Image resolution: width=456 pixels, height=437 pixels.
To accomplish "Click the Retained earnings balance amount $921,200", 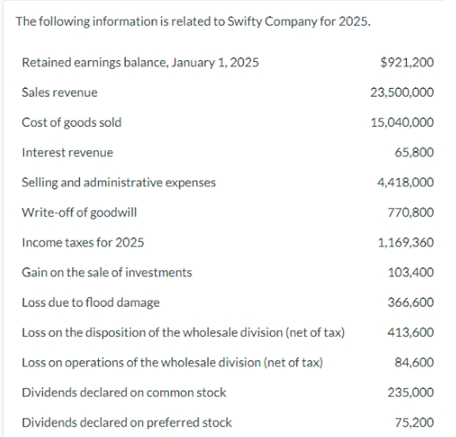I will pyautogui.click(x=406, y=62).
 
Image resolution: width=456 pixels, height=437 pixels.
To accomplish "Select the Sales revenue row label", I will pyautogui.click(x=59, y=92).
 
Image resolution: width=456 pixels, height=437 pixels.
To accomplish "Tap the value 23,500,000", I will pyautogui.click(x=401, y=92).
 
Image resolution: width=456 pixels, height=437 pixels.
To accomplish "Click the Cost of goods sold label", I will pyautogui.click(x=71, y=122).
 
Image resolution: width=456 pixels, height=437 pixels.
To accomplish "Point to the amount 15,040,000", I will pyautogui.click(x=401, y=122).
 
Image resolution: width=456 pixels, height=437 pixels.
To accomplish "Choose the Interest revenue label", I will pyautogui.click(x=67, y=152).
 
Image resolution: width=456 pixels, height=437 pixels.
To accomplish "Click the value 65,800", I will pyautogui.click(x=414, y=152).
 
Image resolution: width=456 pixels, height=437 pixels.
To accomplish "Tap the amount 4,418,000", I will pyautogui.click(x=405, y=182).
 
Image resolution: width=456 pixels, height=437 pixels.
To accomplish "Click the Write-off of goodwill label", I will pyautogui.click(x=74, y=213).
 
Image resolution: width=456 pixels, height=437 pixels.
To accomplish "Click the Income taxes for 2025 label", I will pyautogui.click(x=82, y=243).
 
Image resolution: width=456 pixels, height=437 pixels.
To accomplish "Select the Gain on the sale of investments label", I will pyautogui.click(x=106, y=272).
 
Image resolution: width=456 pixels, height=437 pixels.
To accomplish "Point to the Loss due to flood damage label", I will pyautogui.click(x=90, y=302).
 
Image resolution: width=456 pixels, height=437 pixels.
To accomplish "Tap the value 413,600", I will pyautogui.click(x=411, y=332).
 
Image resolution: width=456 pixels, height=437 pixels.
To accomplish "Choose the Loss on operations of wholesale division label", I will pyautogui.click(x=172, y=362).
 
